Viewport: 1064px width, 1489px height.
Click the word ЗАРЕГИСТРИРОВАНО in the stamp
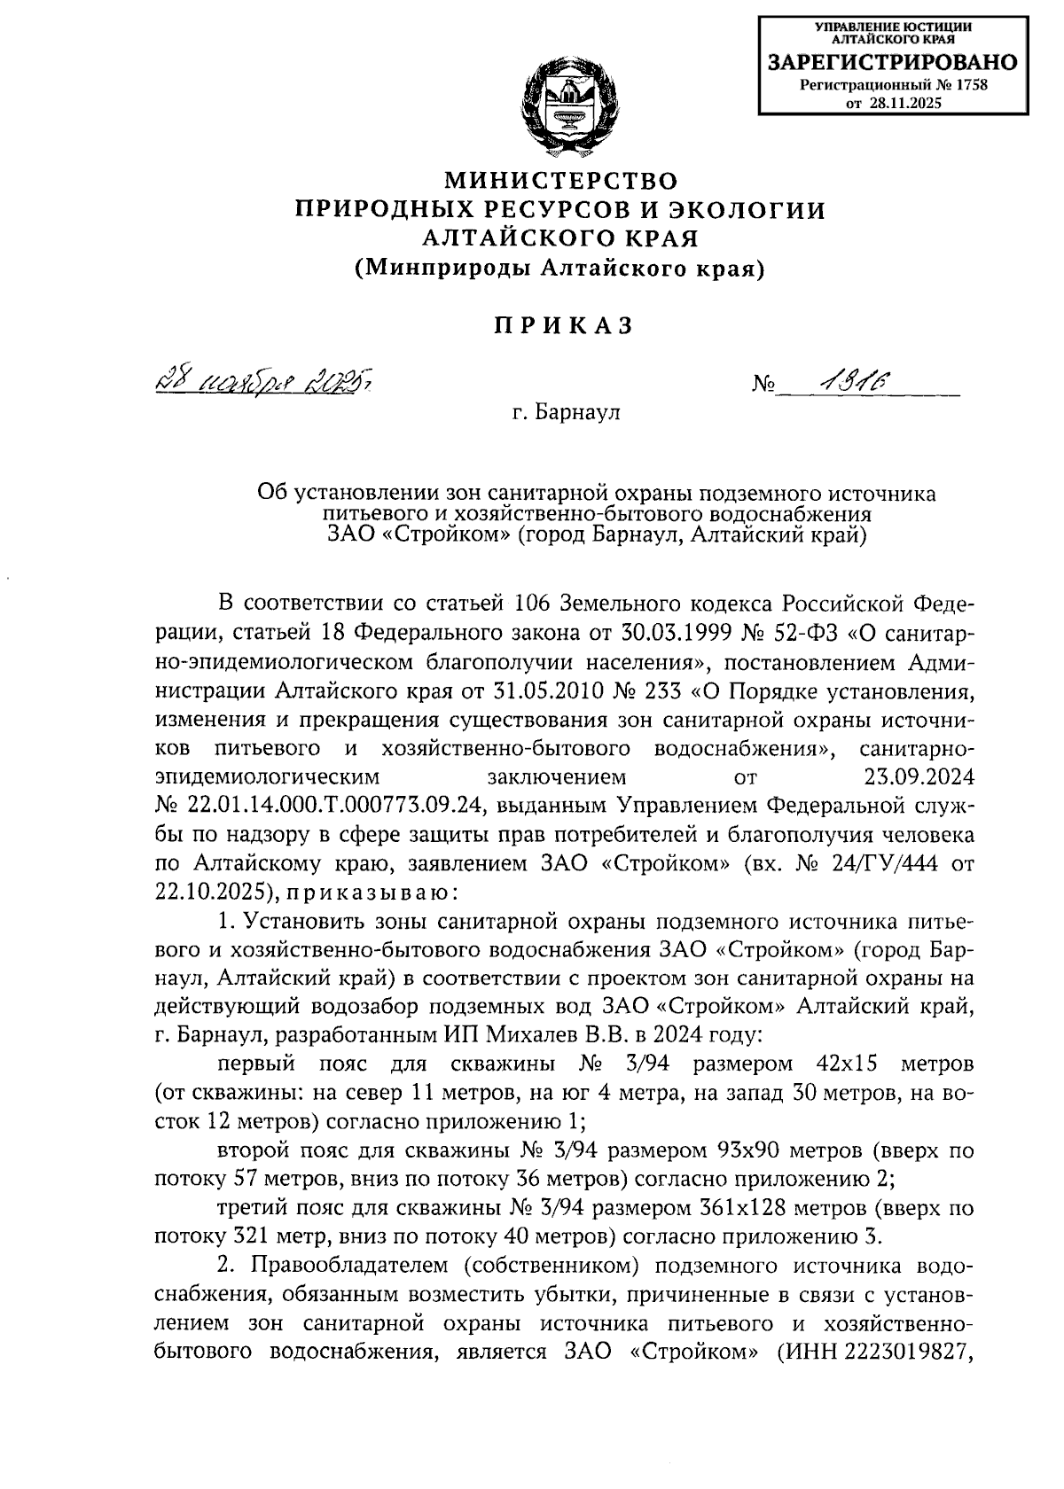893,63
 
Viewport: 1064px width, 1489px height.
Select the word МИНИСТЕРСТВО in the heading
560,181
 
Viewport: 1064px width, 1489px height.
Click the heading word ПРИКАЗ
561,326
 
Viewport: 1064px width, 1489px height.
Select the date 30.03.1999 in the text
700,633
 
